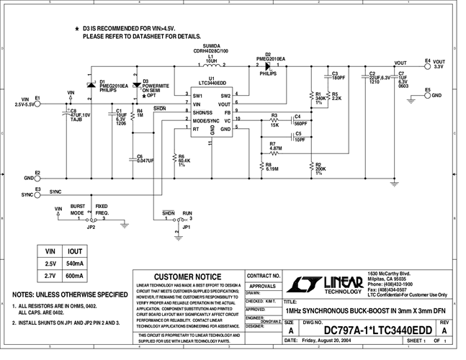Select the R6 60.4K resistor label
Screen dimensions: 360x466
pyautogui.click(x=184, y=159)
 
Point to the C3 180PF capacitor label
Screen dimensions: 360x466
pyautogui.click(x=338, y=75)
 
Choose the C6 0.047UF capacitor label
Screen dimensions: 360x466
pyautogui.click(x=145, y=158)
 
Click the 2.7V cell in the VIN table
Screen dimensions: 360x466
pyautogui.click(x=49, y=276)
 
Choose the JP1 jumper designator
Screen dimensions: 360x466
pyautogui.click(x=187, y=227)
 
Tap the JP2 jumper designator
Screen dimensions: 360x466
pyautogui.click(x=91, y=227)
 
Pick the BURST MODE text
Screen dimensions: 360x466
pyautogui.click(x=78, y=210)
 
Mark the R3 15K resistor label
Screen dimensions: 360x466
pyautogui.click(x=274, y=120)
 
